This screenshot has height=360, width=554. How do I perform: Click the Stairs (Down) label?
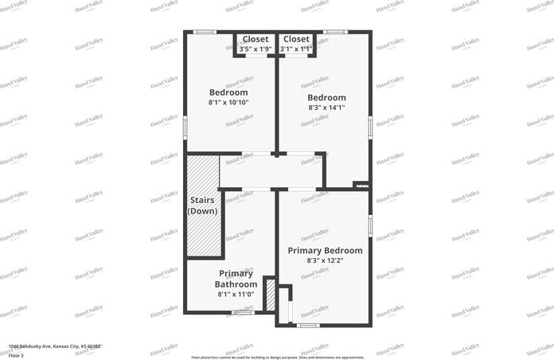(202, 205)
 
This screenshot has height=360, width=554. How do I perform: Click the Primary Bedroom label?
(325, 250)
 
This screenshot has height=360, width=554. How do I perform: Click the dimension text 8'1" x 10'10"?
(228, 103)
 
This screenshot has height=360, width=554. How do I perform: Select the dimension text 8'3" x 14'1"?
(326, 108)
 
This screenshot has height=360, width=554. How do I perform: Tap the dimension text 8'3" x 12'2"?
(325, 260)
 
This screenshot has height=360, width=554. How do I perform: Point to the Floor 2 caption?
(16, 355)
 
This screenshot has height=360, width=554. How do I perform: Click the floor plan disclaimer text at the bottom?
(277, 357)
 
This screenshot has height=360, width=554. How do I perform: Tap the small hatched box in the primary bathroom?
(270, 295)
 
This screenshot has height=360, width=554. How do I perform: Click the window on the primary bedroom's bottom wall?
(307, 324)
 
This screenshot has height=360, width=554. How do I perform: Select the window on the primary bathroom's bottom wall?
(243, 312)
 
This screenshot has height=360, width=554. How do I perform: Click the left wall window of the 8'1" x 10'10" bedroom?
(185, 126)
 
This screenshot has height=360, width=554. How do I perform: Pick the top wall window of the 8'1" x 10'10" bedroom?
(205, 32)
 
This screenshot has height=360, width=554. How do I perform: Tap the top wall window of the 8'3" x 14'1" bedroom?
(335, 32)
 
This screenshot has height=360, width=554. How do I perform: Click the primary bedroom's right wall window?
(370, 225)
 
